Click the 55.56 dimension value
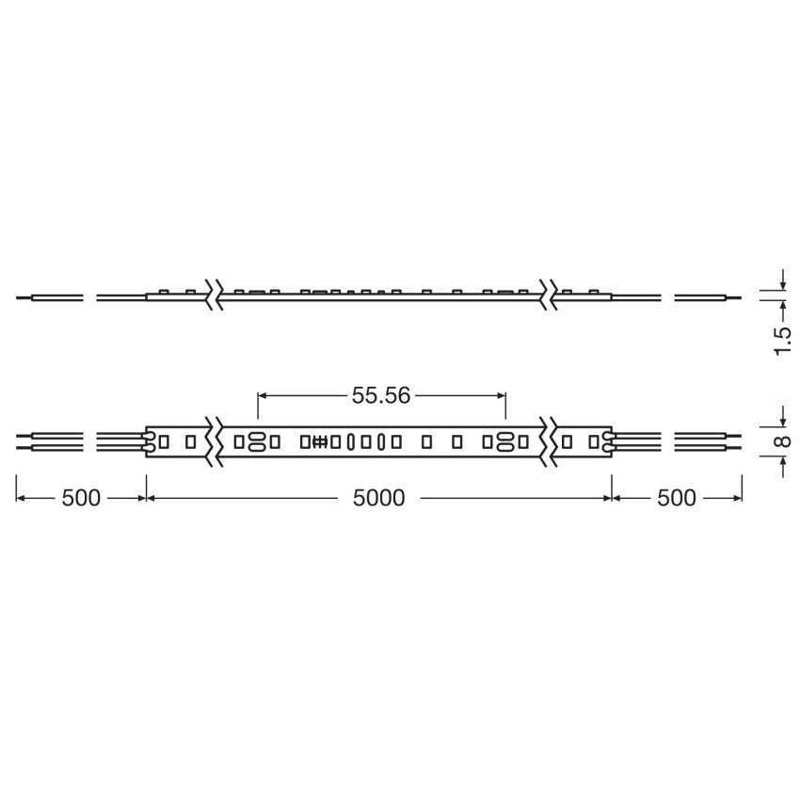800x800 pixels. (381, 395)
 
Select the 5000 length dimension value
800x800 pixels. (378, 498)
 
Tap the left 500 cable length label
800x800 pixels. (81, 498)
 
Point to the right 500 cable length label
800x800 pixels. (677, 498)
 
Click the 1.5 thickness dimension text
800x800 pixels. (783, 342)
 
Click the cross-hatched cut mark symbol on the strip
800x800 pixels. (319, 441)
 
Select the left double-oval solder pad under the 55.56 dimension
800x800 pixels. (256, 441)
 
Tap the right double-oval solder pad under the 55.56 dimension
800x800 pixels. (505, 441)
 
